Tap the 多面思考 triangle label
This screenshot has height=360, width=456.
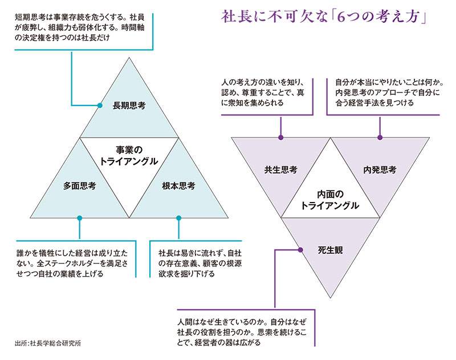tap(79, 185)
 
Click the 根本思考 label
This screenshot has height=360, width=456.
tap(178, 185)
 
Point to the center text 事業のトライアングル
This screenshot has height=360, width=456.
tap(129, 155)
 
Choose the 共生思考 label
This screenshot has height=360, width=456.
tap(280, 169)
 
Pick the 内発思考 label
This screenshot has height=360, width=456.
tap(380, 169)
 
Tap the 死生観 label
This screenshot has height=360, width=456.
tap(330, 249)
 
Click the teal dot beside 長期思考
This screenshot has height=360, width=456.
tap(99, 105)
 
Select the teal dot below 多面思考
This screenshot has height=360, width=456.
tap(79, 217)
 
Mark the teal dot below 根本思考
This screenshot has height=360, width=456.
tap(178, 217)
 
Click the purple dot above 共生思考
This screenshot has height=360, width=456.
tap(280, 137)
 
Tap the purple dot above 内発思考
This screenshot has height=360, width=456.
tap(380, 137)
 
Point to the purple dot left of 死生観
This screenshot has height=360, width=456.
tap(300, 249)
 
